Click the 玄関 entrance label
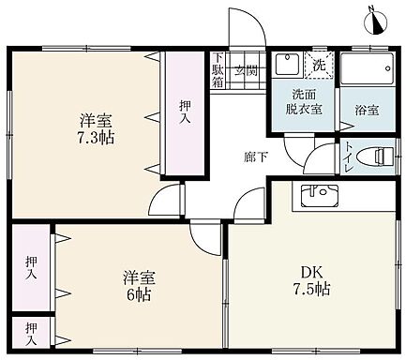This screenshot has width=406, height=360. point(247,70)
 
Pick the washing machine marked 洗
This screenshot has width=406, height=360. point(319,66)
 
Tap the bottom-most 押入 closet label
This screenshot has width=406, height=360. point(32,329)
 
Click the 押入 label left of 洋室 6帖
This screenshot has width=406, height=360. point(32,267)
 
